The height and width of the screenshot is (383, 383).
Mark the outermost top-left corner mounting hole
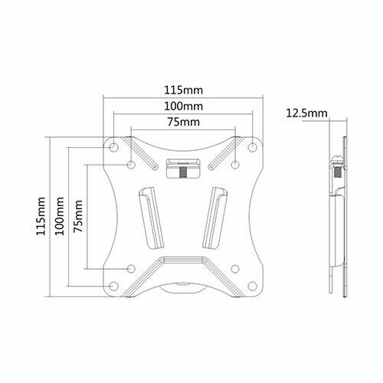114,146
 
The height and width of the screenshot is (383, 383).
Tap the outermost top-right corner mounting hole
253,146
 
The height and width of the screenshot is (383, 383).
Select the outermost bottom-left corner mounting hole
114,286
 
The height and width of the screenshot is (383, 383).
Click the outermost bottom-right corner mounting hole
253,286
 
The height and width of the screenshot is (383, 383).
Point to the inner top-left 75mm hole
132,164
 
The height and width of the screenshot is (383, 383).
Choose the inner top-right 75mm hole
235,164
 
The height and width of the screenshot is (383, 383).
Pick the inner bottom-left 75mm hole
132,268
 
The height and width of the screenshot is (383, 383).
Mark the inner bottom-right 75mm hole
235,268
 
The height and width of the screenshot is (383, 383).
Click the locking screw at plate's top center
184,169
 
